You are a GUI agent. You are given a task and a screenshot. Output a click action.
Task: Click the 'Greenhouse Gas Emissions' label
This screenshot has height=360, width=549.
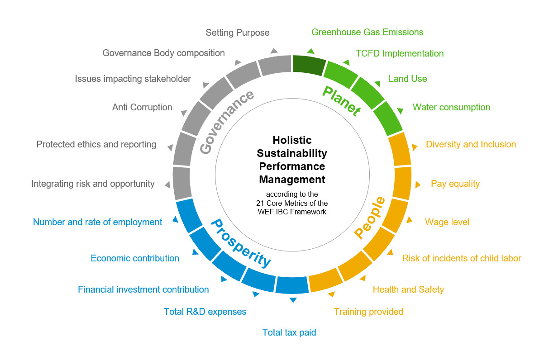coord(367,32)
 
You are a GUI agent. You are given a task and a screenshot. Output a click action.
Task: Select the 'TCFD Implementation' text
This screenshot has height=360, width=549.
coord(399,53)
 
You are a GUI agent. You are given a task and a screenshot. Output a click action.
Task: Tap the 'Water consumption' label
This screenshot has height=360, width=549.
coord(451,107)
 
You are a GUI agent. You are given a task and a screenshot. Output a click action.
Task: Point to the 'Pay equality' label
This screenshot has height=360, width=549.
coord(455,184)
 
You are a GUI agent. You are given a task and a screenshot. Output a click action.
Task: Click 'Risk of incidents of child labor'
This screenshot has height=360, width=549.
coord(461,258)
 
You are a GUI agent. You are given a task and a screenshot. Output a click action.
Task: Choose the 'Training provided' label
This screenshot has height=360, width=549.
coord(368,312)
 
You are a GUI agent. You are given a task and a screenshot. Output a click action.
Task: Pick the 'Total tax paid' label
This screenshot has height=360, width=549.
coord(289,332)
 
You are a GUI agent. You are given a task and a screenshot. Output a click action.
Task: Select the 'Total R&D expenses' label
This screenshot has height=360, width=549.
coord(205,312)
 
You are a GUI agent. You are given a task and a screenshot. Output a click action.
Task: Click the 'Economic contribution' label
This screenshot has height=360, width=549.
coord(135,258)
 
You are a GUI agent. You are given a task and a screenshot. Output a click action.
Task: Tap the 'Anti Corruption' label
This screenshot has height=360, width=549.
coord(142,107)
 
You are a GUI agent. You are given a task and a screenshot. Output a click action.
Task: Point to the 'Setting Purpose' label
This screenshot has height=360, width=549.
coord(237,33)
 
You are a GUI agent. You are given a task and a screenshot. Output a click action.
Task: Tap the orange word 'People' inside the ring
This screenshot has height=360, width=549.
coord(369,218)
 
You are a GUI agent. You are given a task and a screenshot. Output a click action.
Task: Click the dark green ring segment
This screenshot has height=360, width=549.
coord(309,65)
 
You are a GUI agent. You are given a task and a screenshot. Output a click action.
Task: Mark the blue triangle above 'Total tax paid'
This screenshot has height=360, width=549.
coord(293,300)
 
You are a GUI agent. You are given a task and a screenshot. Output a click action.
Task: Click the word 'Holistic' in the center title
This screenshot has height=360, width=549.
coord(292,140)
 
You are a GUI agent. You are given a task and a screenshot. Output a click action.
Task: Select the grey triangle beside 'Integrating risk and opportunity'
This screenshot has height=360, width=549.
coord(167,185)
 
